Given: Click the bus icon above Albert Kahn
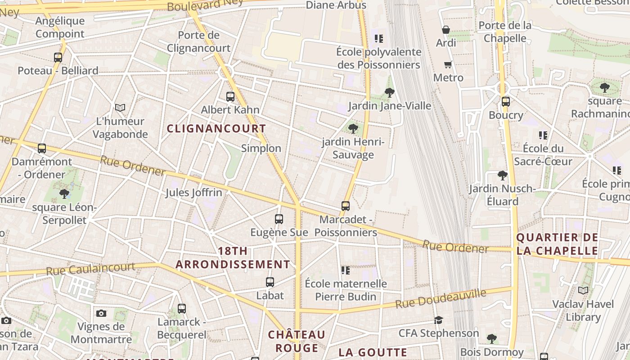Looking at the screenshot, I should pos(230,96).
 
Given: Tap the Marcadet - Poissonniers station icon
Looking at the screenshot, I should pos(346,206).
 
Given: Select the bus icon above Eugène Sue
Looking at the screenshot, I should pos(279,219).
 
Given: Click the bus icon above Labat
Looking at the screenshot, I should pos(270,282).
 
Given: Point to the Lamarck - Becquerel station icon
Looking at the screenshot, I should pos(182,309).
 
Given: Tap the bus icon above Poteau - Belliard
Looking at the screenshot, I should pos(58,58).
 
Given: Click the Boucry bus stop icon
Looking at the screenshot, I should pos(506,102).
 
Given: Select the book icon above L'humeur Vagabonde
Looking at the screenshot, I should pos(120,108).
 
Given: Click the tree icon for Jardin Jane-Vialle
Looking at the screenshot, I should pos(390,93).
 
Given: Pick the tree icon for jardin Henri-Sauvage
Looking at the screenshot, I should pos(353,129).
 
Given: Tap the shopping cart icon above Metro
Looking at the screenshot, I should pos(448,64).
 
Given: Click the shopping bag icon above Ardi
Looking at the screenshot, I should pos(446,30).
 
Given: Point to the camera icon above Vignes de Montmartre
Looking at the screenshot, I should pos(101,313).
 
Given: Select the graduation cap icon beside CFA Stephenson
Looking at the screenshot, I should pos(438,320).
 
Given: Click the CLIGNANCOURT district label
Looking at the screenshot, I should pos(216,129).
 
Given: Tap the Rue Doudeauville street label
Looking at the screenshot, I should pos(441,299).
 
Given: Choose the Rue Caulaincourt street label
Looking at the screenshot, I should pos(90,269).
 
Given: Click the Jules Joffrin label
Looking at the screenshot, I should pos(193,193).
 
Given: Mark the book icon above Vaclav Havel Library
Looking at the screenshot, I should pos(583,291).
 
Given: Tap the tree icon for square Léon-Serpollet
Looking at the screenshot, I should pos(64,194).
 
